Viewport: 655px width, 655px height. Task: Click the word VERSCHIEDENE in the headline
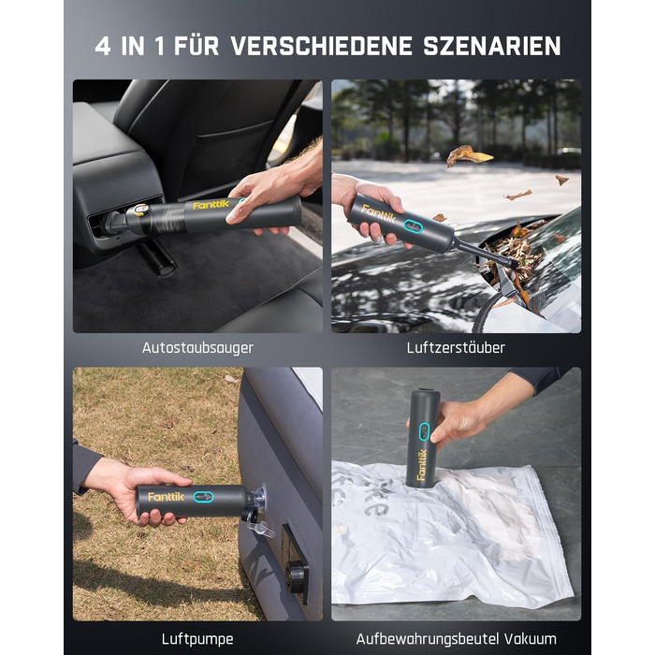click(x=322, y=46)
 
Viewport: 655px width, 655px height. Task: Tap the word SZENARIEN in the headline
click(x=491, y=46)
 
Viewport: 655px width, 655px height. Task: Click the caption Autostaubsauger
click(x=197, y=348)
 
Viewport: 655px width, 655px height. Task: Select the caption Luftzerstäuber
click(x=456, y=347)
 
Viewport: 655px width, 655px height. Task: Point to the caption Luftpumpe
click(x=197, y=639)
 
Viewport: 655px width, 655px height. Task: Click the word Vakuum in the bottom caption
click(x=531, y=639)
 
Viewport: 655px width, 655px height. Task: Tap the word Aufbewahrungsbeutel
click(x=428, y=639)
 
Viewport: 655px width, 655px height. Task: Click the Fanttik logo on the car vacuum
click(x=211, y=205)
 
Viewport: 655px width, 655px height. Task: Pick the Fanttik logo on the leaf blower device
click(x=378, y=213)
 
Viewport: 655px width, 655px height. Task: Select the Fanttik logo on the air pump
click(x=166, y=497)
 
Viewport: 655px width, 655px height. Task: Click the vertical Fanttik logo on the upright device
click(x=421, y=464)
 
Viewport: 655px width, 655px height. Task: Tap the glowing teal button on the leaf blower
click(x=414, y=226)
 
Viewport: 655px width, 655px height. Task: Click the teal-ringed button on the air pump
click(x=203, y=497)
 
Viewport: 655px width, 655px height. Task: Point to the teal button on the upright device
click(x=424, y=431)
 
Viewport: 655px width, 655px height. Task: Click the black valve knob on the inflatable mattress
click(x=298, y=576)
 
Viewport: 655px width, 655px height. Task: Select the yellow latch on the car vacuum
click(x=140, y=210)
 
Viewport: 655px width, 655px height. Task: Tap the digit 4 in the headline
click(x=103, y=46)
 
